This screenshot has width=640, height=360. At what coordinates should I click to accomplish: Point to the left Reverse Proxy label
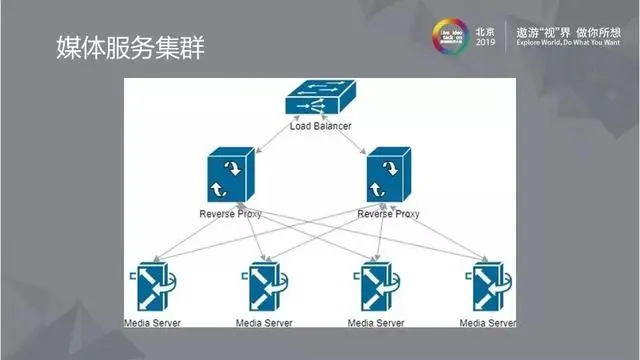[230, 213]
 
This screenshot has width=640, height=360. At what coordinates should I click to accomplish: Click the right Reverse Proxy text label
[389, 213]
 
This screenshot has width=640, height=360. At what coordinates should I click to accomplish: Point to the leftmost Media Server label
[152, 323]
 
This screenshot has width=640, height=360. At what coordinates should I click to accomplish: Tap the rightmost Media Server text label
[488, 323]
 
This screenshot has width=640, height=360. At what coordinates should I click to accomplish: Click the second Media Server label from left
[264, 323]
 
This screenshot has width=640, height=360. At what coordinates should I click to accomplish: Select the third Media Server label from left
[376, 323]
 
